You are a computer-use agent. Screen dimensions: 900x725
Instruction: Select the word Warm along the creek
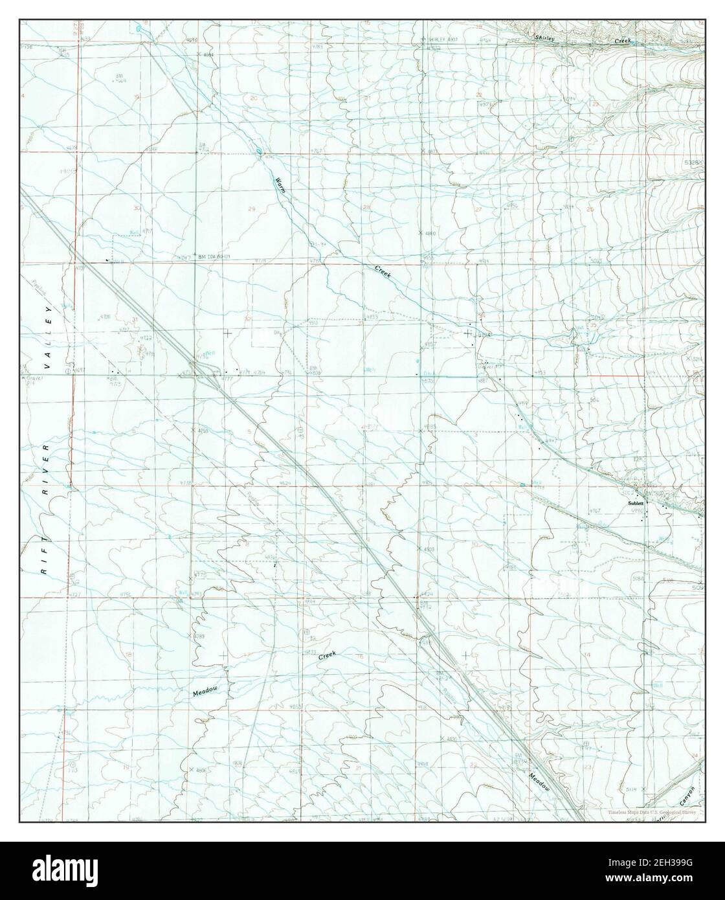coord(280,186)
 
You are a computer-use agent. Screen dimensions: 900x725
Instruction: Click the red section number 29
coord(251,208)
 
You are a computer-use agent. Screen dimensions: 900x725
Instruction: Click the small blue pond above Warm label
coord(258,153)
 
